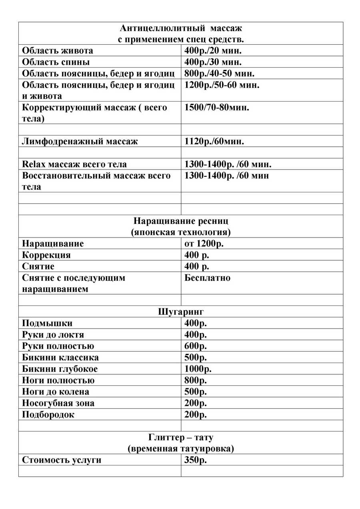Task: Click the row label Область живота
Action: (x=58, y=51)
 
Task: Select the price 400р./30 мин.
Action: (x=213, y=62)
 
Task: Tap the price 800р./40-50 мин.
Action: (x=220, y=74)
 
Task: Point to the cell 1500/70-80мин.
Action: (x=217, y=108)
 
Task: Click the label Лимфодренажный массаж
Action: (x=80, y=142)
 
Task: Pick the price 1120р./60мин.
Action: (x=214, y=142)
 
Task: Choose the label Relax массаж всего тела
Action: (x=74, y=164)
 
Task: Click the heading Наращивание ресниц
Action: (x=181, y=221)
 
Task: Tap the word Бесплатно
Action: (x=207, y=278)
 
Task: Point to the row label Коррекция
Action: (x=46, y=255)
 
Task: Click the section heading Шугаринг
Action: (x=181, y=312)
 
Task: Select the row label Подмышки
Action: (x=47, y=323)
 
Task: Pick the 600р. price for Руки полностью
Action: (x=196, y=346)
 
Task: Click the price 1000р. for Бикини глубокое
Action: (x=198, y=369)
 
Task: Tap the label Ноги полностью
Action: (x=58, y=380)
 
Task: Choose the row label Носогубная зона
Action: (x=58, y=403)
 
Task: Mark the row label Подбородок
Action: (x=48, y=415)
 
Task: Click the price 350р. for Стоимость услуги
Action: (x=196, y=460)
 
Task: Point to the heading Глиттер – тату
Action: (x=181, y=437)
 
